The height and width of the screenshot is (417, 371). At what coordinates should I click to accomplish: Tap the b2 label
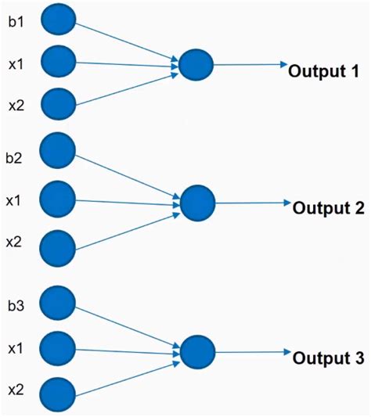[13, 158]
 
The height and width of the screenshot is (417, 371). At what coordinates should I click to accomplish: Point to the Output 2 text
[328, 209]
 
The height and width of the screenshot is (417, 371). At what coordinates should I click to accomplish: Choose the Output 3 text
[328, 358]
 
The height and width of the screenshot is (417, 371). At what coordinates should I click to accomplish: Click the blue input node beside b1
[56, 21]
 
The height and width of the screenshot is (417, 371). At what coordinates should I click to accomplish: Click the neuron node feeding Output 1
[196, 66]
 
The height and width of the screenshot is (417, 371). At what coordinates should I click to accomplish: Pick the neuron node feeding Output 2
[197, 203]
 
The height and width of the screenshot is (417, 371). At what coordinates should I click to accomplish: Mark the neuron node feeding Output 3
[197, 352]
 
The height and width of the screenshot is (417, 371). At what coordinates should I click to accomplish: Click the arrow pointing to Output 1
[250, 66]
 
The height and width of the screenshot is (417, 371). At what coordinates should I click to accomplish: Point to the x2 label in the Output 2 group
[13, 243]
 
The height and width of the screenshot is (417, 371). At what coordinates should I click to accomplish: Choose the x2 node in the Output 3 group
[56, 392]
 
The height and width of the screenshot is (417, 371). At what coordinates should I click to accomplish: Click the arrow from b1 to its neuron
[125, 43]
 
